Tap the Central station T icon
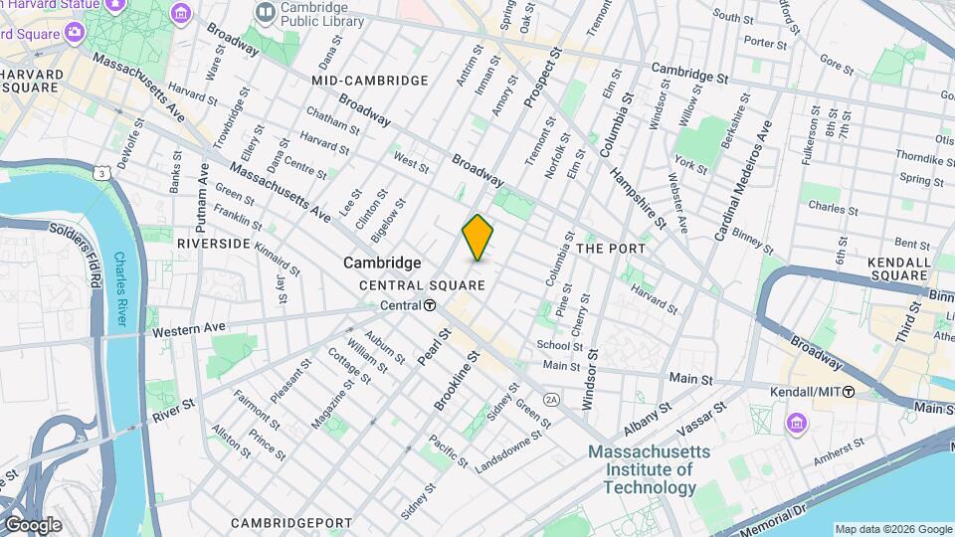[429, 305]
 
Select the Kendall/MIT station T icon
[848, 392]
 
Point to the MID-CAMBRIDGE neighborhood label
[369, 80]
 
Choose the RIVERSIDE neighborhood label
[213, 243]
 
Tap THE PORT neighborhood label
[611, 249]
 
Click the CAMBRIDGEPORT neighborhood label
[291, 522]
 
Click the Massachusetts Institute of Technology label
[642, 469]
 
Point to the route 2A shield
[552, 398]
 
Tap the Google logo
[33, 524]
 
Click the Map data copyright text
[892, 529]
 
